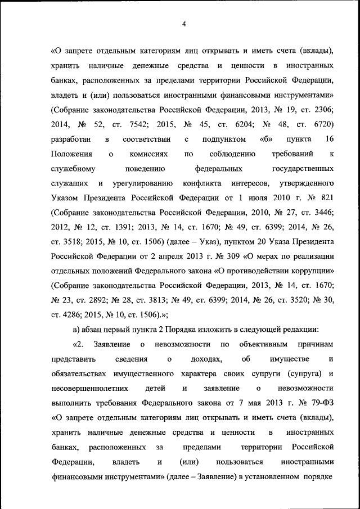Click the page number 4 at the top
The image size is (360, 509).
point(184,23)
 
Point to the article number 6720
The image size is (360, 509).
point(322,124)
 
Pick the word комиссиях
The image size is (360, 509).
point(148,154)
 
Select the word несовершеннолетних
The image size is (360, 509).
point(89,388)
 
